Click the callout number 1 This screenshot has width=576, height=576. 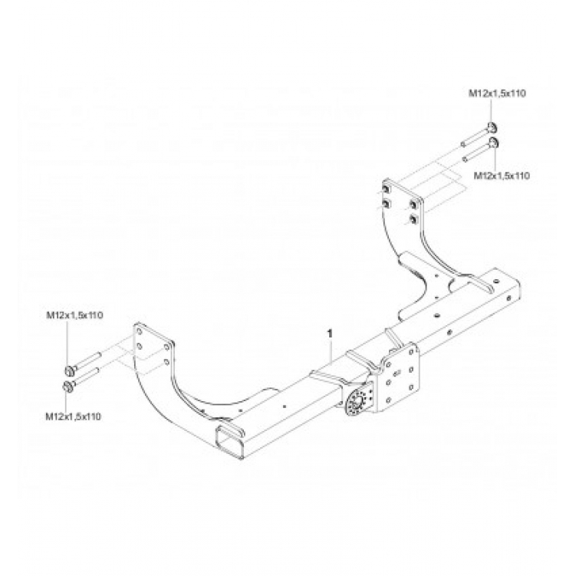click(x=330, y=334)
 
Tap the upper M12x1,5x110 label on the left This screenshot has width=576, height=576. click(x=75, y=315)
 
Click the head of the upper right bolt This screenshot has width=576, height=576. click(x=491, y=128)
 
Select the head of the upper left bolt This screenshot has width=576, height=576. click(x=68, y=369)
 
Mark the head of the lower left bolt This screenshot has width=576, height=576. click(x=68, y=386)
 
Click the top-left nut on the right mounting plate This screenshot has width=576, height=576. click(x=387, y=187)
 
